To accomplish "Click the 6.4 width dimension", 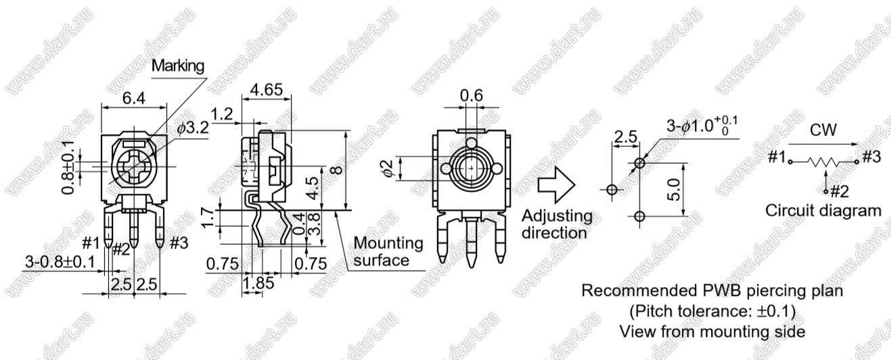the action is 134,98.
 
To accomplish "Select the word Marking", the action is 178,66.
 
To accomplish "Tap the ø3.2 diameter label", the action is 193,128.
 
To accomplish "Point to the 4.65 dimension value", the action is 267,89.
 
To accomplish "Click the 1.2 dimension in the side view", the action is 222,114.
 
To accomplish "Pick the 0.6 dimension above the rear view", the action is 472,95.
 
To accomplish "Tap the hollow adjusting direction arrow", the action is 557,185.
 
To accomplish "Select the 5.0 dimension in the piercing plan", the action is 675,189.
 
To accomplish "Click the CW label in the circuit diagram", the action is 823,130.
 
